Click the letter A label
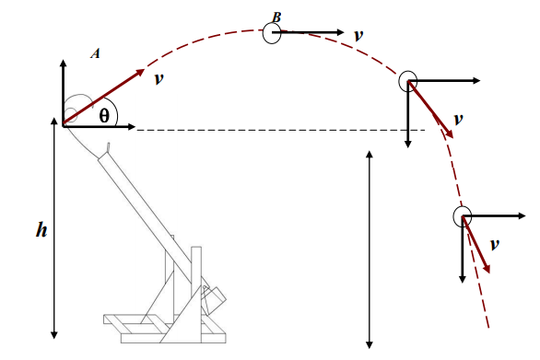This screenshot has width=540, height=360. [95, 53]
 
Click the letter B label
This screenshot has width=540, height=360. [276, 17]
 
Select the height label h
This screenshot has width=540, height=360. [41, 229]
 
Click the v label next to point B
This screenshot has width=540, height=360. [358, 34]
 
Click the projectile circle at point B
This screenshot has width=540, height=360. [272, 33]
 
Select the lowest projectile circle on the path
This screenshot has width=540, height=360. [462, 216]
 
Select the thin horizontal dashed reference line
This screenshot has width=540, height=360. [276, 130]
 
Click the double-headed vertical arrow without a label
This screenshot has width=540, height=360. [370, 249]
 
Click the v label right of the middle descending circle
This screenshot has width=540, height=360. [458, 120]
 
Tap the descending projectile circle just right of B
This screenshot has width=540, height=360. [407, 81]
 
